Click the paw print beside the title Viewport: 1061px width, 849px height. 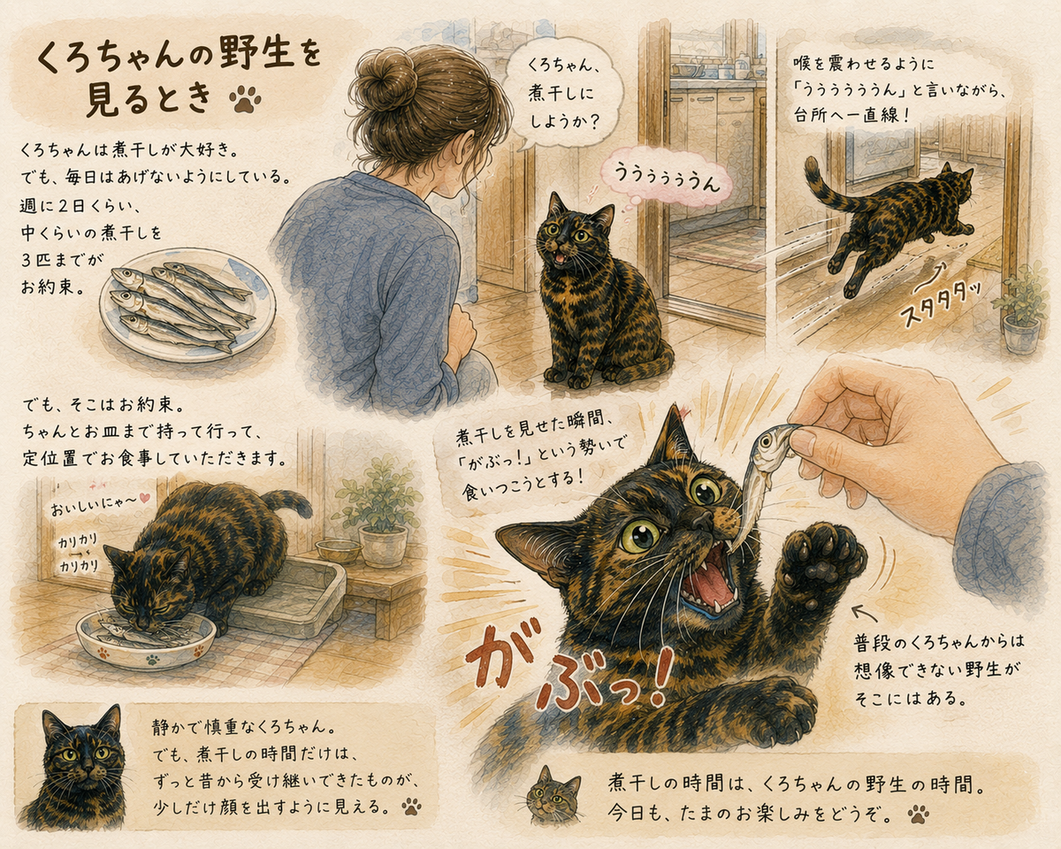pos(245,99)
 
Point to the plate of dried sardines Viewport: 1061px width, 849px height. pos(187,306)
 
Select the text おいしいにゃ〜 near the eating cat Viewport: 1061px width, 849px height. pos(94,507)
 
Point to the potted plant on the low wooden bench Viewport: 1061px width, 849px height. pos(379,513)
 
